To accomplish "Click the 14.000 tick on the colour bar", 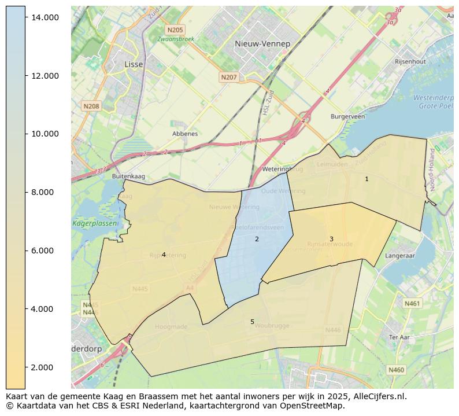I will [x=45, y=17].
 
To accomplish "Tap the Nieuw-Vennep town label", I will [x=262, y=44].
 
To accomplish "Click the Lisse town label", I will [x=134, y=65].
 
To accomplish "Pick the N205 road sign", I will [x=175, y=30].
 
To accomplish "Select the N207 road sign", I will [x=229, y=77].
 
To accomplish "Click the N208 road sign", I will [x=91, y=106].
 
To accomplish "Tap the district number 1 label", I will [x=367, y=179].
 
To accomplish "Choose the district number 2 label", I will [x=257, y=239].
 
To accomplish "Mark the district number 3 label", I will [x=331, y=239].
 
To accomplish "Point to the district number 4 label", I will [x=164, y=255].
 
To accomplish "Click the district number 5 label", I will [x=252, y=322].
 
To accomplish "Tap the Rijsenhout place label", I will [x=410, y=61].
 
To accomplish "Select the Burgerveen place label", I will [x=347, y=116].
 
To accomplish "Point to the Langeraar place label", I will [x=400, y=255].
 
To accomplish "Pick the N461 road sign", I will [x=412, y=303].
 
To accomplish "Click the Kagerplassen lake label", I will [x=95, y=223].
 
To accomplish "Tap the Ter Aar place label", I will [x=399, y=337].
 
